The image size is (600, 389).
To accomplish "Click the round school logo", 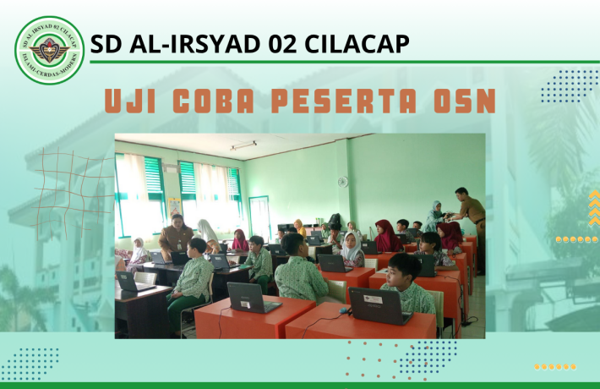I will click(50, 50).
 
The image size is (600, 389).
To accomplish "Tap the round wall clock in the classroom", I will click(342, 181).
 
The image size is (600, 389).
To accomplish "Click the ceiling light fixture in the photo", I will click(243, 145).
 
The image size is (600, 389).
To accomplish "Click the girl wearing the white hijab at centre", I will click(352, 247).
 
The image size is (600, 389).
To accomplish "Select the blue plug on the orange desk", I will click(343, 310).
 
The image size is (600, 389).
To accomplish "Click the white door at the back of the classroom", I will click(260, 217).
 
